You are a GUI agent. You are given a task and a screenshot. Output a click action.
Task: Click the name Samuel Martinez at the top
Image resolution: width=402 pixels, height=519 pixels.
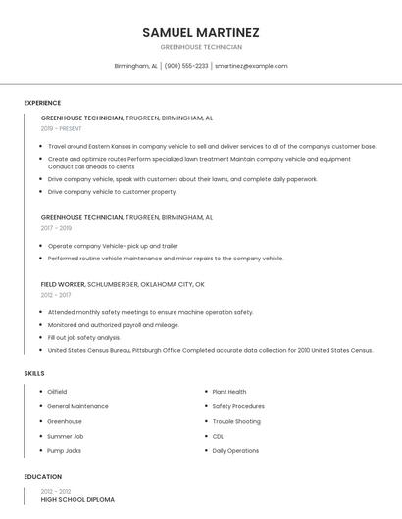click(x=201, y=32)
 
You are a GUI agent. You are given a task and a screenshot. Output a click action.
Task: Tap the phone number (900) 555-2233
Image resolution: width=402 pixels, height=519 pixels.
click(x=186, y=66)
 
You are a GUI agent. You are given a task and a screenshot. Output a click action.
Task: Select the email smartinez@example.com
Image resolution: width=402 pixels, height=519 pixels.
click(x=251, y=66)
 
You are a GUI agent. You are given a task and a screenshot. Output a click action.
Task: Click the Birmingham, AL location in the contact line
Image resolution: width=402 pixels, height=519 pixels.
click(x=135, y=66)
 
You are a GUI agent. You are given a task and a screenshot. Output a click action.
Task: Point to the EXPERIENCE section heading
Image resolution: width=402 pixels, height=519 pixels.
click(x=42, y=103)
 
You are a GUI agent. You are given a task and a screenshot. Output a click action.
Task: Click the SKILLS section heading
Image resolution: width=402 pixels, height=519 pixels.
click(x=34, y=373)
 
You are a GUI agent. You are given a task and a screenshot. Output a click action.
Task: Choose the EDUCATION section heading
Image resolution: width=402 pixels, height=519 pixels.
click(x=42, y=477)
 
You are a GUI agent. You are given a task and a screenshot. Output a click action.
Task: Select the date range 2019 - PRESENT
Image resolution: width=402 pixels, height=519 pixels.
click(x=61, y=128)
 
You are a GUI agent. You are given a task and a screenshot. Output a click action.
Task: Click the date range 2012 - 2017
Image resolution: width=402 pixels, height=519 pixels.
click(x=56, y=295)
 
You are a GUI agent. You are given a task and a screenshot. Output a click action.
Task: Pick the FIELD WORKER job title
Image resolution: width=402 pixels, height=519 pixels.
click(x=63, y=284)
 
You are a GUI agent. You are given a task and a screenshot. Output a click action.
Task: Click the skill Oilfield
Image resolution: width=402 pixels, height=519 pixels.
click(x=57, y=392)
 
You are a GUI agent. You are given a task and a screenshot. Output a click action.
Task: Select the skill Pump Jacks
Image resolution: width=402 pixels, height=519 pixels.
click(x=64, y=451)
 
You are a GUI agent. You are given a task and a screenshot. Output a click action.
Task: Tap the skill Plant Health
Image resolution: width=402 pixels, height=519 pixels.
click(x=228, y=392)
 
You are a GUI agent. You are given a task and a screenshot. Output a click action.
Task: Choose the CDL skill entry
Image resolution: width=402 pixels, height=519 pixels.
click(x=218, y=437)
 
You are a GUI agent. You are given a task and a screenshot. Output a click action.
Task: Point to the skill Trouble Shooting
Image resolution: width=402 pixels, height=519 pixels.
click(x=236, y=421)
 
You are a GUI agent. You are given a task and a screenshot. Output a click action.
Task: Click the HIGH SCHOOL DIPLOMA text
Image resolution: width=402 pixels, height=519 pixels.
click(x=76, y=500)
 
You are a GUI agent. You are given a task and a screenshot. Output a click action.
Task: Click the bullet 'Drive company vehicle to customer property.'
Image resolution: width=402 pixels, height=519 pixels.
click(x=112, y=192)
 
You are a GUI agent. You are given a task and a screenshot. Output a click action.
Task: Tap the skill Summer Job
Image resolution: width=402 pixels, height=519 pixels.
click(x=65, y=437)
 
